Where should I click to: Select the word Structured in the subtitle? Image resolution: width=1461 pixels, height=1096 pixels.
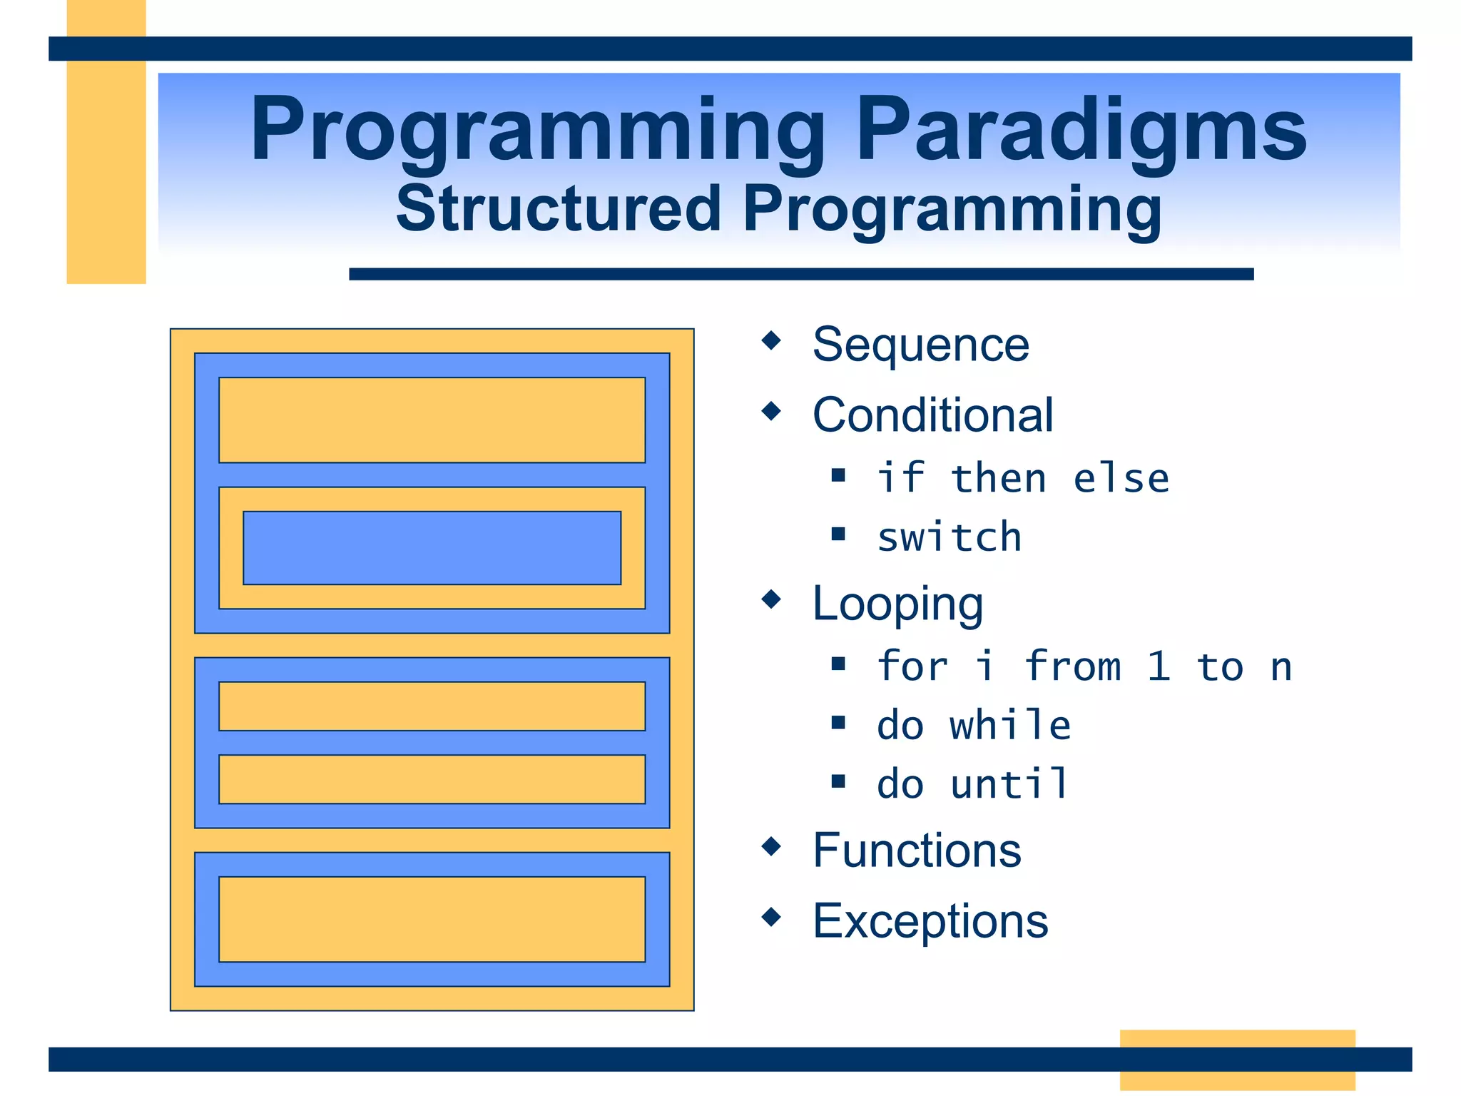(558, 209)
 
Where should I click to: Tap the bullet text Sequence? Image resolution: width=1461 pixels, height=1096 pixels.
(920, 345)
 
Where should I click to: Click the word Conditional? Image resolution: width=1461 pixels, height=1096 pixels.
(932, 415)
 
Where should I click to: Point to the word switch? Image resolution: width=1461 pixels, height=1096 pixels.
(949, 537)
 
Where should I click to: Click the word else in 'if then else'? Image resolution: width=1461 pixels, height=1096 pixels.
(1121, 478)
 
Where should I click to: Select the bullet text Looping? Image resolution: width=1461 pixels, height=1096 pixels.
(897, 604)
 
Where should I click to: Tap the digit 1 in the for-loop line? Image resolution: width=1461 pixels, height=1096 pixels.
(1159, 666)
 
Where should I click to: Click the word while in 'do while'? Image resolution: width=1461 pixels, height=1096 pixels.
(1009, 725)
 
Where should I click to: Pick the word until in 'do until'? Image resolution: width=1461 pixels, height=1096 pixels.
(1009, 783)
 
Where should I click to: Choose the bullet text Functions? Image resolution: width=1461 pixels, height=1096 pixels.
(917, 851)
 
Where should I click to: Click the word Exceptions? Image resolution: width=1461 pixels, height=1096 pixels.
(930, 920)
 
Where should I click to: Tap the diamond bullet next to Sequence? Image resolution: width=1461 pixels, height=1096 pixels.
(771, 340)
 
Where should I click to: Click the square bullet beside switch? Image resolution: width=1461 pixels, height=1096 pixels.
(838, 534)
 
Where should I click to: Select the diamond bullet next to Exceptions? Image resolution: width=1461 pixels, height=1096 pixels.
(771, 916)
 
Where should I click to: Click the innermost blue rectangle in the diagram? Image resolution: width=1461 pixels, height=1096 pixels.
(432, 547)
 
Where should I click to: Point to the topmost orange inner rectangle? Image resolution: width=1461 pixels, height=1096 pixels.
(432, 420)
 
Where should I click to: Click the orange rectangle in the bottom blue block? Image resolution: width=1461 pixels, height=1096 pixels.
(432, 918)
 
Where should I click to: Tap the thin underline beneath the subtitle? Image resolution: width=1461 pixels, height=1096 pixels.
(800, 274)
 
